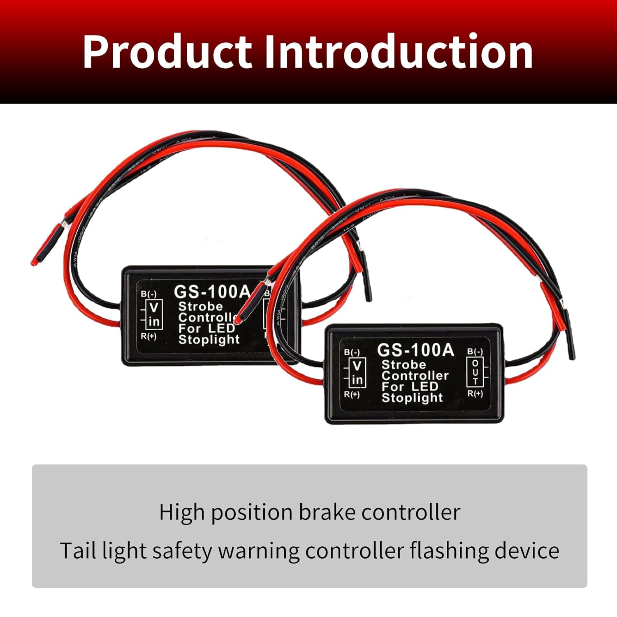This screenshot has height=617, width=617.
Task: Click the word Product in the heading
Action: [x=167, y=52]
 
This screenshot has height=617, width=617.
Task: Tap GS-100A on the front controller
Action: [x=415, y=350]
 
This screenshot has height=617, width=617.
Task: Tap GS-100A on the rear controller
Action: [x=212, y=292]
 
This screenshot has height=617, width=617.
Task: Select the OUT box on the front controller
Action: [x=475, y=372]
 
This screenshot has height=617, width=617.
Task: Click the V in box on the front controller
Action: [x=357, y=372]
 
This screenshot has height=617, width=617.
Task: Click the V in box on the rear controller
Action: [x=154, y=314]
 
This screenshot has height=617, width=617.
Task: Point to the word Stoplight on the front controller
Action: [x=412, y=398]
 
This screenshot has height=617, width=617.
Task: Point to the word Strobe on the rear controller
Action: [x=200, y=306]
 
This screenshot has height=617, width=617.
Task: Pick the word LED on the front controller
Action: [x=425, y=387]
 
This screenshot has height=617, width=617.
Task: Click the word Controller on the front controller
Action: [x=415, y=376]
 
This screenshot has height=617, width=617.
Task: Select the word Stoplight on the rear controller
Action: [x=209, y=340]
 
